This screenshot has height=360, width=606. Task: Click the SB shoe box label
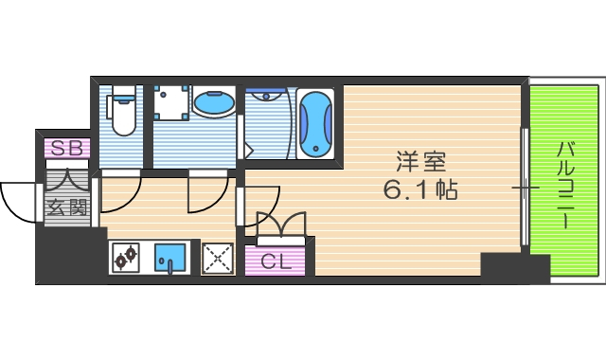pyautogui.click(x=66, y=148)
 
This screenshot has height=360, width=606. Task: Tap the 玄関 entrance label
pyautogui.click(x=66, y=207)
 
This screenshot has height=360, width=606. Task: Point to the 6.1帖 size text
pyautogui.click(x=420, y=190)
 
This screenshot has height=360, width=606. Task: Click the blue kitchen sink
pyautogui.click(x=171, y=256)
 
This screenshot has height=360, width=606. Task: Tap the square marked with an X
pyautogui.click(x=219, y=257)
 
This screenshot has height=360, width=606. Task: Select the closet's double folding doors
pyautogui.click(x=281, y=225)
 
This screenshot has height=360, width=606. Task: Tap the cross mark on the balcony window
pyautogui.click(x=525, y=188)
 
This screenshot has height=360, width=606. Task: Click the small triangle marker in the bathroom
pyautogui.click(x=250, y=150)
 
